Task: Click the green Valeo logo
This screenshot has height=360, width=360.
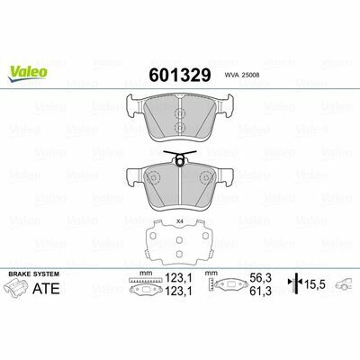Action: point(28,74)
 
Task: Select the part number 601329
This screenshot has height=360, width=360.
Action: point(180,75)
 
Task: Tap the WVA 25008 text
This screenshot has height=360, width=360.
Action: point(242,76)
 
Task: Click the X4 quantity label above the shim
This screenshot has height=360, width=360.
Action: point(180,221)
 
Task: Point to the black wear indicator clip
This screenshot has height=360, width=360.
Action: point(180,157)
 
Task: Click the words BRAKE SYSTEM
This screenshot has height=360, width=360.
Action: point(34,274)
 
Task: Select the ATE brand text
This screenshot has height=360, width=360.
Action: point(46,288)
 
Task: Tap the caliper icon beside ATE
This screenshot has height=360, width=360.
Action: point(17,287)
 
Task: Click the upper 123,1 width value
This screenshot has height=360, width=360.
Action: point(178,278)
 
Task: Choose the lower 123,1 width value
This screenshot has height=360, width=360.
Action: point(178,291)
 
